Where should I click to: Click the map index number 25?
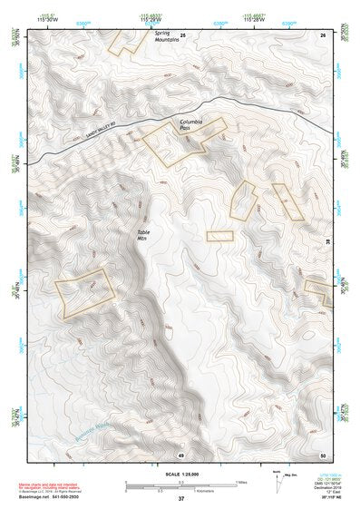[181, 34]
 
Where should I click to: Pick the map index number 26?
[322, 34]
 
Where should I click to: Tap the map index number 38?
[327, 240]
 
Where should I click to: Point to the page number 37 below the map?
[180, 498]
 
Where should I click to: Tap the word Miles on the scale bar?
[240, 482]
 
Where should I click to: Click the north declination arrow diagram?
[278, 482]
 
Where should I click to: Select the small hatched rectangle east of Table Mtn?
[219, 236]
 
